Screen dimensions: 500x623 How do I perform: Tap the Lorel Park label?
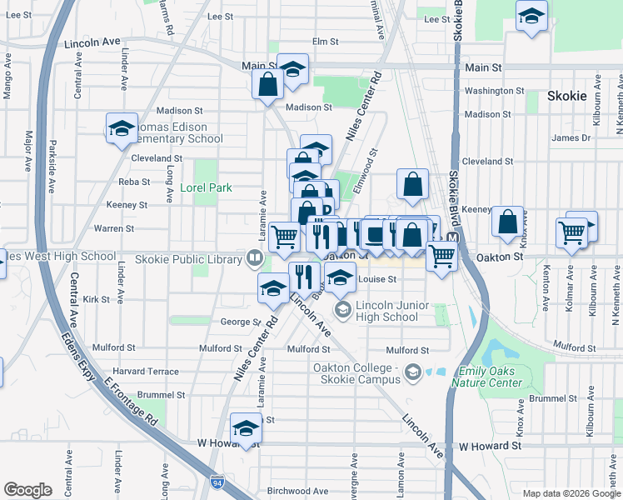207,188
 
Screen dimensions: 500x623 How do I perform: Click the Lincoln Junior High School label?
386,311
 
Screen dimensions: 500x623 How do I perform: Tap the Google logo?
27,490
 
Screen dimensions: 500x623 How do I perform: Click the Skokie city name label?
567,96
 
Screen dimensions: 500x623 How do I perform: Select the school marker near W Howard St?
246,428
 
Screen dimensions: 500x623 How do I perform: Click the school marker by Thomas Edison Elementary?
122,127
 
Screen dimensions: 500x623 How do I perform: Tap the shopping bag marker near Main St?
267,84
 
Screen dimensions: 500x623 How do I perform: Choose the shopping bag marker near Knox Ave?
507,222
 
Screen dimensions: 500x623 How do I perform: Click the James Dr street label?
571,138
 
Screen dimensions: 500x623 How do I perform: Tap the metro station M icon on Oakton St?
452,238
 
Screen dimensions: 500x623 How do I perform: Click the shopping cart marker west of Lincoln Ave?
285,237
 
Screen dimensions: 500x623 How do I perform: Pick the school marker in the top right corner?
531,16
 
